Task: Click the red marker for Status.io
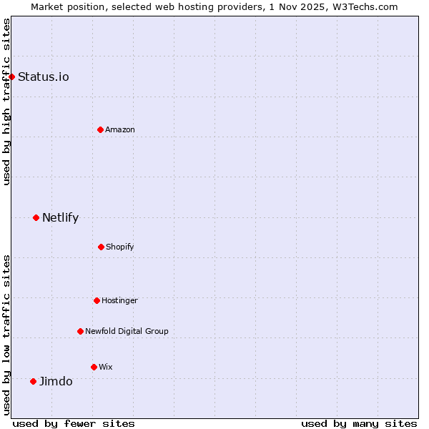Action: click(11, 77)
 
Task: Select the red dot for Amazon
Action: click(100, 129)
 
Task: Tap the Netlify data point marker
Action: click(36, 217)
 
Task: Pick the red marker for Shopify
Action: click(101, 247)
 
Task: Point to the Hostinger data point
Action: click(97, 300)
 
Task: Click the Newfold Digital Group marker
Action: click(80, 331)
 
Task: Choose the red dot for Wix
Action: click(94, 367)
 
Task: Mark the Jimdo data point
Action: click(33, 381)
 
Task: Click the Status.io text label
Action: click(44, 77)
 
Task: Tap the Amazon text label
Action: click(120, 129)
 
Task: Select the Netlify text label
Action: click(60, 217)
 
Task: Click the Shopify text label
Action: click(120, 247)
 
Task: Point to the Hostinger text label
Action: click(119, 300)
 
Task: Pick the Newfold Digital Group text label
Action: click(127, 331)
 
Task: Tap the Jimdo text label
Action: click(56, 381)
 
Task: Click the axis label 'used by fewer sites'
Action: click(74, 423)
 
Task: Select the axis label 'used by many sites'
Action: click(359, 423)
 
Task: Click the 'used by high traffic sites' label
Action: click(6, 102)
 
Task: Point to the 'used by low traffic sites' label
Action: click(6, 335)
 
